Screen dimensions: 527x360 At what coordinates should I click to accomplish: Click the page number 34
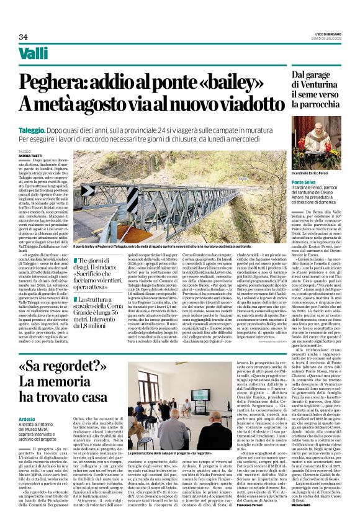[24, 37]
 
